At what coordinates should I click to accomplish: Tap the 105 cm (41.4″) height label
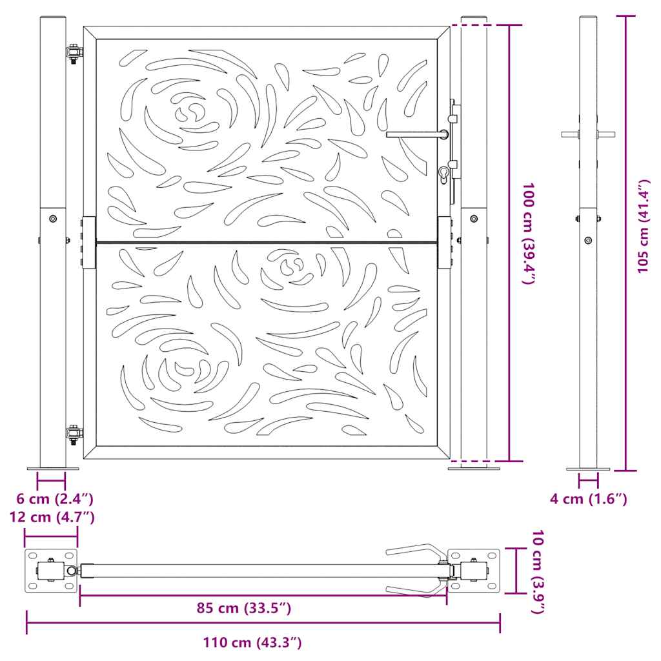643,226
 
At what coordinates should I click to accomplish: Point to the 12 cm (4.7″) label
52,516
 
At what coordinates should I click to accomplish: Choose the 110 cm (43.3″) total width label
252,642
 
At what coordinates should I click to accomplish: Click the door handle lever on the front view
416,134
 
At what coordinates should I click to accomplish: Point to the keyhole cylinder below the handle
444,174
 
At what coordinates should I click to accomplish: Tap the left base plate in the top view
51,571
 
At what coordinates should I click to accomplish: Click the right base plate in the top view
474,571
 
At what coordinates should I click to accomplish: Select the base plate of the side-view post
588,469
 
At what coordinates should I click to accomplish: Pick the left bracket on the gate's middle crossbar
88,242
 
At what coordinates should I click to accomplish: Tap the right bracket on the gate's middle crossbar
445,242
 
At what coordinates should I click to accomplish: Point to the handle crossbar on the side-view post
588,134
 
